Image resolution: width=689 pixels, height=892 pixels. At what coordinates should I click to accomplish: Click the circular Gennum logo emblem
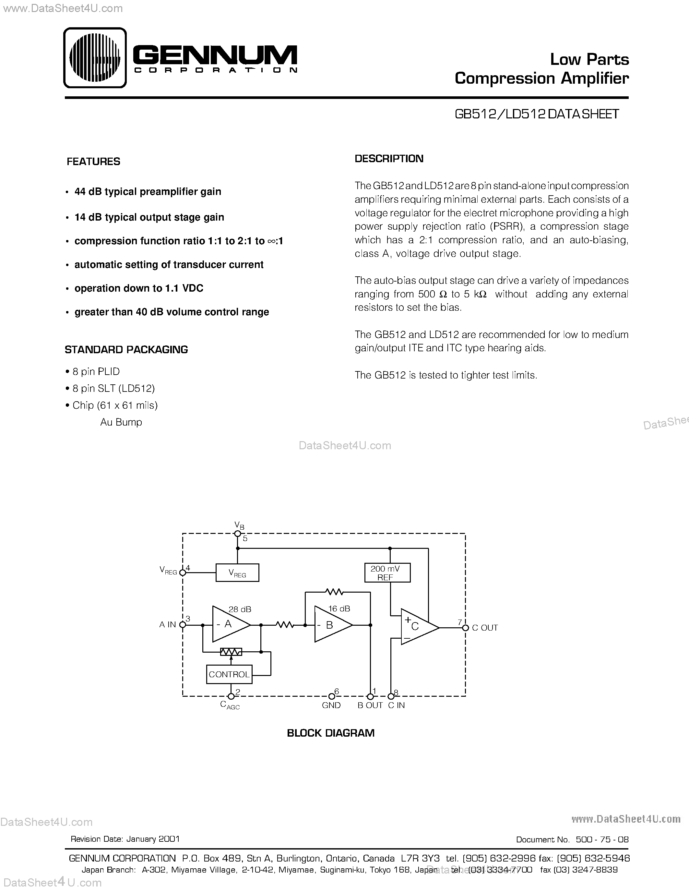pos(95,58)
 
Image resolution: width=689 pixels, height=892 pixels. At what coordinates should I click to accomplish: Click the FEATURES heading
pos(93,162)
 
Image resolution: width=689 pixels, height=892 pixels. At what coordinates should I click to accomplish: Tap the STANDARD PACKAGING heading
pos(126,350)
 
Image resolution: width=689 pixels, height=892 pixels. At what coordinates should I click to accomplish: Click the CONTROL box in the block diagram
pos(229,674)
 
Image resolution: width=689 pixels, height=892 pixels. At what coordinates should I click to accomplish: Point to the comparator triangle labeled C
pos(418,627)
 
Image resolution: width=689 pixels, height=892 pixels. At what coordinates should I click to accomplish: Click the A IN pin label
pos(167,625)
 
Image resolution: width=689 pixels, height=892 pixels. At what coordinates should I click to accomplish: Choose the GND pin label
pos(331,705)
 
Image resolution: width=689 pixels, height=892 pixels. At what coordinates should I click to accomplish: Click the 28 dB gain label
pos(240,609)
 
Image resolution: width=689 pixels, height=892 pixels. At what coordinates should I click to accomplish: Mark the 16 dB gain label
pos(339,609)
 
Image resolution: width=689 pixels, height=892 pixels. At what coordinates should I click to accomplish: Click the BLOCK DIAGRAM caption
pos(331,733)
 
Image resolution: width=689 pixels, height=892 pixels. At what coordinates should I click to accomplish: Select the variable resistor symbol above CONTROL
pos(231,652)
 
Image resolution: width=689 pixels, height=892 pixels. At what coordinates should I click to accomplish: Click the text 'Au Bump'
pos(121,422)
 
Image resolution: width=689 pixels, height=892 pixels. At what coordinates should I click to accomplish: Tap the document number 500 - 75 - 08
pos(602,840)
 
